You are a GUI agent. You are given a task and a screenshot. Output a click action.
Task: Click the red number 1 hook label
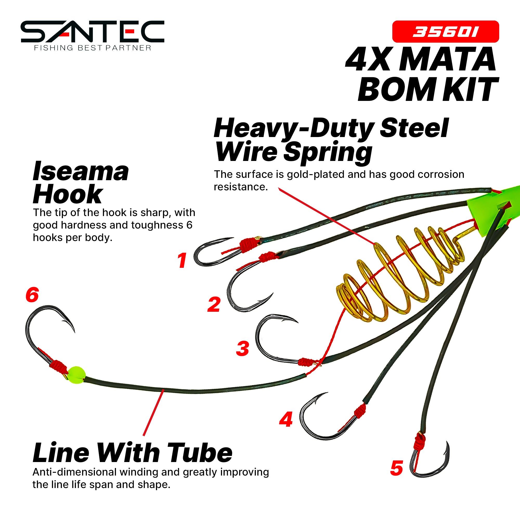click(x=182, y=260)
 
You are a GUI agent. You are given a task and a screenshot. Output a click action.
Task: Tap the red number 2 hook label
click(x=214, y=304)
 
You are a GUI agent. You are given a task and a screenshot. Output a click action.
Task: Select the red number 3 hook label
click(x=243, y=348)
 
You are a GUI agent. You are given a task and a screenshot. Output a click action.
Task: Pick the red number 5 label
click(x=396, y=468)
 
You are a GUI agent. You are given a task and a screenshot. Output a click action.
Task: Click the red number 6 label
click(x=32, y=295)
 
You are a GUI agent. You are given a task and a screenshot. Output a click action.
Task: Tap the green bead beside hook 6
click(x=76, y=375)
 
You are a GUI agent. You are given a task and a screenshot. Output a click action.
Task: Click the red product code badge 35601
click(x=446, y=32)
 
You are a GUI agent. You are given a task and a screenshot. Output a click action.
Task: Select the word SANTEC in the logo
click(x=93, y=31)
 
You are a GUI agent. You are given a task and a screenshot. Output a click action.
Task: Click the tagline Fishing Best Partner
click(x=93, y=48)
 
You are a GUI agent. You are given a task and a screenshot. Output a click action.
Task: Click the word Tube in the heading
click(x=199, y=453)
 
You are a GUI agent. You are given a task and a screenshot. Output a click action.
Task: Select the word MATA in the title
click(x=447, y=60)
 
